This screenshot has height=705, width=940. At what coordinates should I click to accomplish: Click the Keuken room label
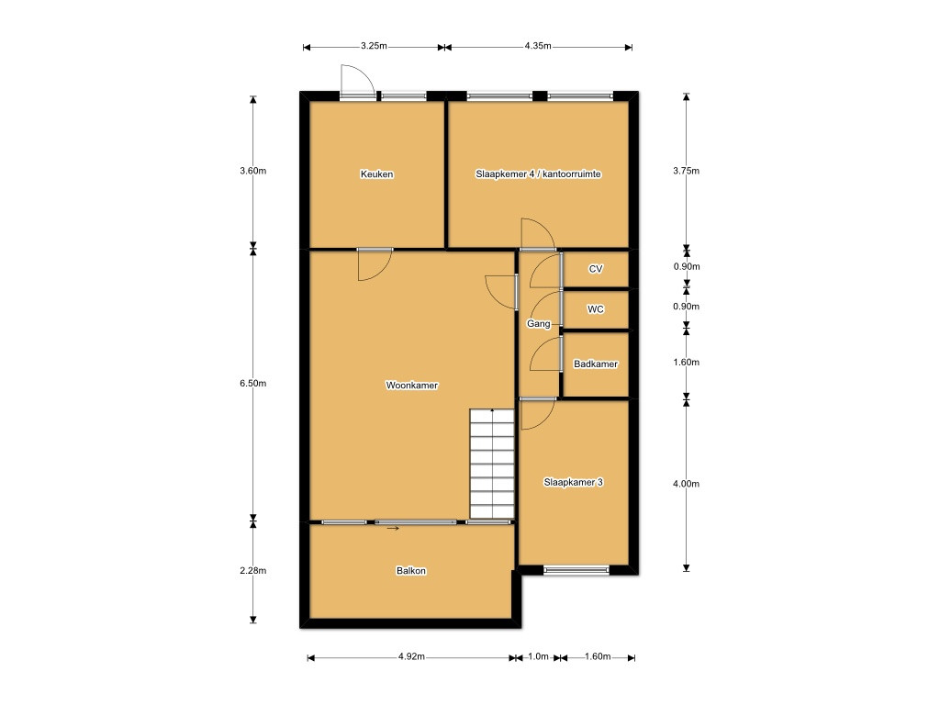(376, 174)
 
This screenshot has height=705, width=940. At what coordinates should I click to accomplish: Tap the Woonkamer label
(412, 386)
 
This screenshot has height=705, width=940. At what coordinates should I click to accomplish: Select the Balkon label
(411, 571)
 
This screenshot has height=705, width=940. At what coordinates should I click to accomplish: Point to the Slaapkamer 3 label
(573, 482)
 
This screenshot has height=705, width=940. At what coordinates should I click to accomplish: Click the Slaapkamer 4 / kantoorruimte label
(538, 174)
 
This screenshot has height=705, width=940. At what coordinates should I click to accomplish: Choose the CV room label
(595, 269)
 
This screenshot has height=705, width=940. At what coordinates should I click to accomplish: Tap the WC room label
(595, 309)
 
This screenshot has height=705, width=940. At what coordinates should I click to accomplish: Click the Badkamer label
(595, 364)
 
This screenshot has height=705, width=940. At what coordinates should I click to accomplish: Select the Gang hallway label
(538, 324)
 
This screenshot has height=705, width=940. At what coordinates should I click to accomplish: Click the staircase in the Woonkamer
(492, 464)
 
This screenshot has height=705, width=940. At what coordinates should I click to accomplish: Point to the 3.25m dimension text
(374, 46)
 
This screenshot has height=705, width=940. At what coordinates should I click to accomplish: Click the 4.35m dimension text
(538, 46)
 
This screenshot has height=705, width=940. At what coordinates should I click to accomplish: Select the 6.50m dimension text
(253, 383)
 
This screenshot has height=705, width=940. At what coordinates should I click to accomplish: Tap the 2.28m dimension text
(253, 571)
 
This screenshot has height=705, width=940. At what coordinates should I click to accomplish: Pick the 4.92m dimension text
(411, 657)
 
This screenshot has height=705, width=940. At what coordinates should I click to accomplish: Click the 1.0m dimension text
(538, 657)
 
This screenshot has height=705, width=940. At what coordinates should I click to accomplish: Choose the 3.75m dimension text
(686, 171)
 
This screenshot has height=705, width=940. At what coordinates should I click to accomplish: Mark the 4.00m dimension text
(686, 484)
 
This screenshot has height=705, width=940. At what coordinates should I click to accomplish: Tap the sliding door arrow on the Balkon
(393, 529)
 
